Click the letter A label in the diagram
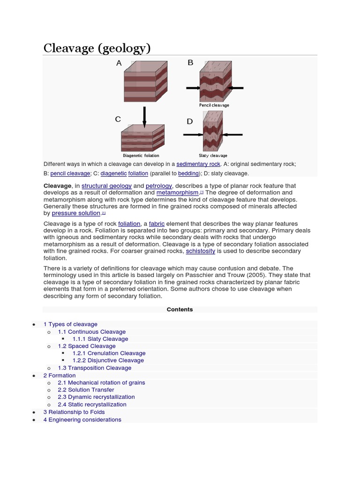pos(119,63)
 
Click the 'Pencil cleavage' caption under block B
pos(214,105)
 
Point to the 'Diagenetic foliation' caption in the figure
pos(141,156)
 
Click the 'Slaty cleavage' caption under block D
pos(213,156)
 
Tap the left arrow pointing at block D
pos(192,135)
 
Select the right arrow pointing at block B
pos(237,87)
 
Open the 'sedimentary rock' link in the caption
pos(198,164)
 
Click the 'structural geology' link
pos(106,186)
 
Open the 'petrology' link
pos(159,186)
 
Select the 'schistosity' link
pos(201,251)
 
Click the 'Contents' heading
pos(180,309)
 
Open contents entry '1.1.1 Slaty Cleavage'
pos(100,339)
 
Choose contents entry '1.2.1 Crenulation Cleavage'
pos(109,353)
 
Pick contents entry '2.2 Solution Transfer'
pos(86,390)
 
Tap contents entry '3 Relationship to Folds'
pos(74,412)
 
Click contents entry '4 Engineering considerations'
pos(82,420)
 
